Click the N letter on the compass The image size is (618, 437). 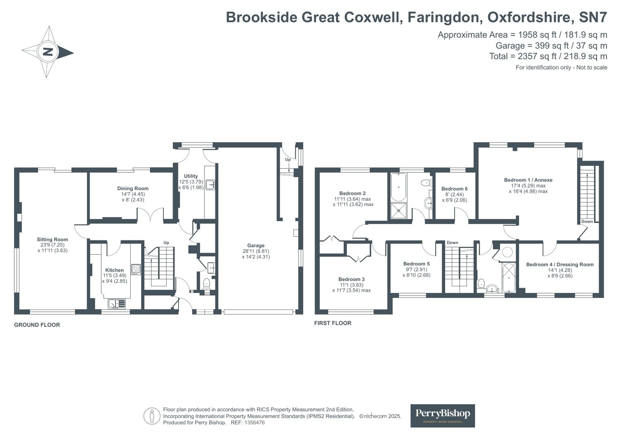(x=48, y=52)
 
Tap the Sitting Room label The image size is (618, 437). (x=53, y=240)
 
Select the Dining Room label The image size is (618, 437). (x=133, y=189)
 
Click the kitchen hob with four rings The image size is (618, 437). (x=136, y=269)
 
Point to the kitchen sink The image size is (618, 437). (x=117, y=304)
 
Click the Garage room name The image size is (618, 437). (x=256, y=245)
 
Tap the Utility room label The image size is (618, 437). (x=191, y=176)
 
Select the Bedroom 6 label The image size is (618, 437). (x=455, y=189)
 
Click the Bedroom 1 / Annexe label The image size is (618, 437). (x=528, y=180)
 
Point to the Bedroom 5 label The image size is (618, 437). (x=416, y=264)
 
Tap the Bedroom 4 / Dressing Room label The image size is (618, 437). (x=560, y=264)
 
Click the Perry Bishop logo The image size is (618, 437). (x=443, y=415)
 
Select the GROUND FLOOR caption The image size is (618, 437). (x=37, y=325)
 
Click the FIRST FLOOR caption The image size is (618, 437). (x=333, y=323)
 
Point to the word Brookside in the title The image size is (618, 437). (x=262, y=17)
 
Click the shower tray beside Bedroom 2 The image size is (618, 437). (x=398, y=211)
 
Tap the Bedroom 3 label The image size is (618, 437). (x=351, y=279)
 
